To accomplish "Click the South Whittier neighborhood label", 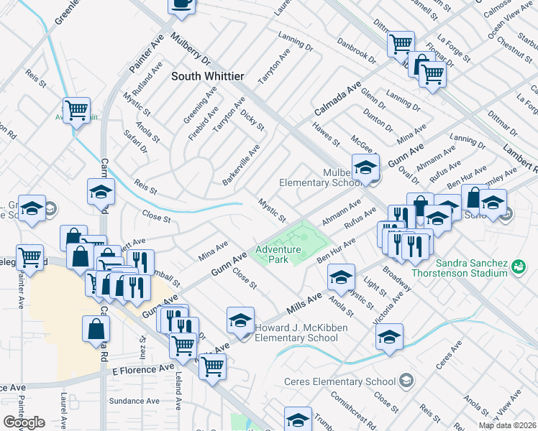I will click(208, 75).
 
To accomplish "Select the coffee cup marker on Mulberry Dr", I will click(182, 4).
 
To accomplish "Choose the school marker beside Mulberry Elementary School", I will click(365, 167).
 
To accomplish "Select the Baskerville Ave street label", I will click(241, 164).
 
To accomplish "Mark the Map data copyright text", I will click(508, 425).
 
